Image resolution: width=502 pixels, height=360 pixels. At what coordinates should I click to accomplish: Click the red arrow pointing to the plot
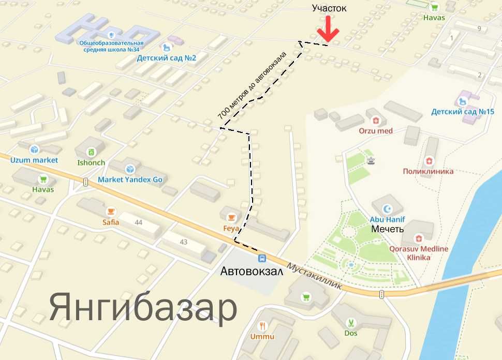pyautogui.click(x=328, y=30)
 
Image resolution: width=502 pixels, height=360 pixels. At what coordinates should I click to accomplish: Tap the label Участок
pyautogui.click(x=329, y=8)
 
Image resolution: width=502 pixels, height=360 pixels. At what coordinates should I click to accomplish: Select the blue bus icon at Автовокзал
pyautogui.click(x=262, y=258)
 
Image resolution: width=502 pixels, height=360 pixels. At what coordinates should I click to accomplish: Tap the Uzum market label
pyautogui.click(x=34, y=160)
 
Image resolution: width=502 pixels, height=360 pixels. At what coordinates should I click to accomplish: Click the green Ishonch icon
pyautogui.click(x=91, y=152)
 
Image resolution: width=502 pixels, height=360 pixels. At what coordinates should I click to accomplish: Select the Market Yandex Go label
pyautogui.click(x=130, y=180)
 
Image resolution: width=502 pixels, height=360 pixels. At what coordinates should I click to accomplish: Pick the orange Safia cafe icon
pyautogui.click(x=111, y=212)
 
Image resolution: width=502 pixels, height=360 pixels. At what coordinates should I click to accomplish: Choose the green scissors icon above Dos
pyautogui.click(x=351, y=323)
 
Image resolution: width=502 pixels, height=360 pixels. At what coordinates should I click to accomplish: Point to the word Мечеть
pyautogui.click(x=388, y=228)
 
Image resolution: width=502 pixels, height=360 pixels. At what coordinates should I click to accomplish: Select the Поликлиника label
pyautogui.click(x=428, y=171)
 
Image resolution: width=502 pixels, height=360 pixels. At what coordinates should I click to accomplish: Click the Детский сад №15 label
pyautogui.click(x=463, y=112)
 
